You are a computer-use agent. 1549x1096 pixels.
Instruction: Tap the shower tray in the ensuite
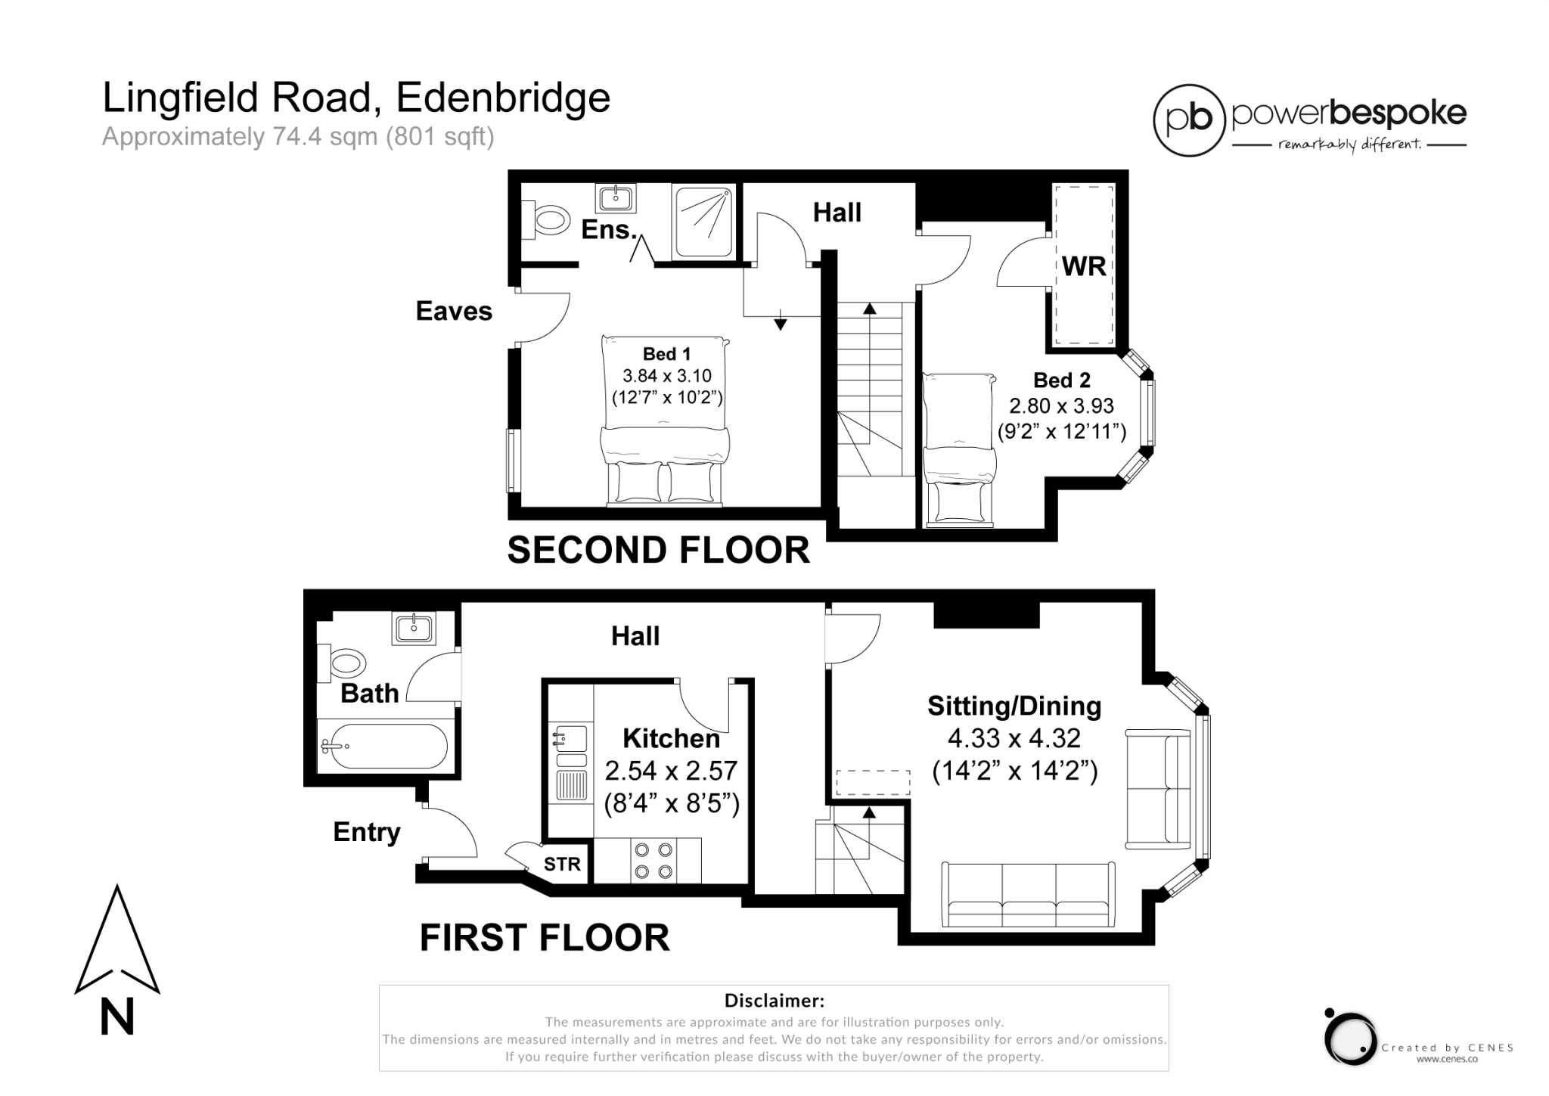coord(703,222)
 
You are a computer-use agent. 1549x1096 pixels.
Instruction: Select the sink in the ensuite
coord(616,199)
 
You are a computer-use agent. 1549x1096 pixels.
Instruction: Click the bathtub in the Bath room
coord(385,746)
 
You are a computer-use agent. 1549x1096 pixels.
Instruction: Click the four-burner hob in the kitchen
coord(654,861)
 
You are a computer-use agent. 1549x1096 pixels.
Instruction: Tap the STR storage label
coord(562,864)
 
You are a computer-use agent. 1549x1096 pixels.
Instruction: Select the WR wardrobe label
coord(1084,266)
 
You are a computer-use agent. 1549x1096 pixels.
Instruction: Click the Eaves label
coord(454,311)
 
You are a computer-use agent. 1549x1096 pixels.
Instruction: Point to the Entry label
coord(367,832)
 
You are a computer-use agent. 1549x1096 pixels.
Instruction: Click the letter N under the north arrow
coord(117,1017)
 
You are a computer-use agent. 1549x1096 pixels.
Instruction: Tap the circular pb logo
coord(1188,120)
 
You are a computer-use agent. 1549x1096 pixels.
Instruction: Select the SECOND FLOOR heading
coord(658,550)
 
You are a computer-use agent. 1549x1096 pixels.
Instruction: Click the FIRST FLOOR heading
coord(545,938)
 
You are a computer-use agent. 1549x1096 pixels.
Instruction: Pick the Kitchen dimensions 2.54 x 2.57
coord(671,771)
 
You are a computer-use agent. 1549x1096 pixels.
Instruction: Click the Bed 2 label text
coord(1063,380)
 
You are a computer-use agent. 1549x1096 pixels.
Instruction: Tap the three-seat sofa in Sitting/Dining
coord(1029,894)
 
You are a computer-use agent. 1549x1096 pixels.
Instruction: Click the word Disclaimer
coord(774,1001)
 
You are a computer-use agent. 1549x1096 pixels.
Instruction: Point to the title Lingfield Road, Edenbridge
coord(356,98)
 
